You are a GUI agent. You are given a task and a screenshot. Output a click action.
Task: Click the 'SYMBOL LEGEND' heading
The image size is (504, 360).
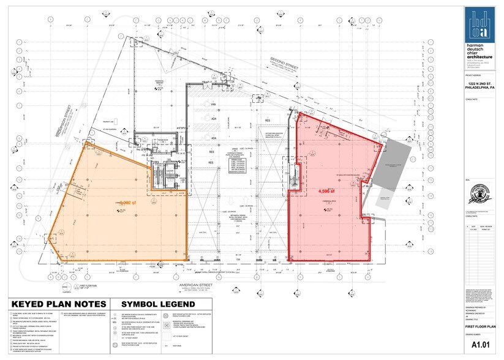pos(150,304)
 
